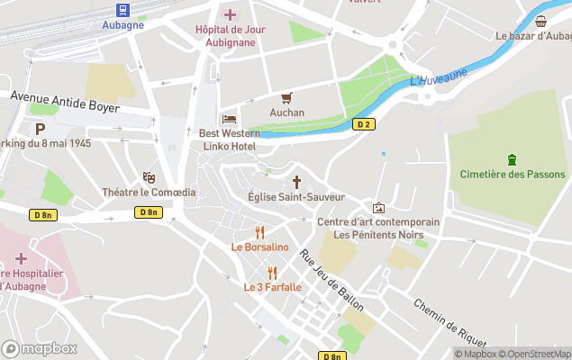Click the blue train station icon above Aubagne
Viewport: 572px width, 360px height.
(x=122, y=9)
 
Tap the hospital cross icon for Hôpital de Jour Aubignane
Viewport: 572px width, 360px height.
(x=230, y=13)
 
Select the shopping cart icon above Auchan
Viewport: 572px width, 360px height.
(x=287, y=97)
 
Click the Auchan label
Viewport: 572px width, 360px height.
(x=287, y=112)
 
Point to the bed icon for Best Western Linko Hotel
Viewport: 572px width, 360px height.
(x=230, y=119)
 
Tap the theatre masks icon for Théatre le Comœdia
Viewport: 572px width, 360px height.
(x=149, y=177)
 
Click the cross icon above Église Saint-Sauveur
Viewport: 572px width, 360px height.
(x=295, y=181)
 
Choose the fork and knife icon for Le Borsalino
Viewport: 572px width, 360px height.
(x=259, y=232)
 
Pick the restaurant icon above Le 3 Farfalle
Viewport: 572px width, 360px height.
(x=272, y=272)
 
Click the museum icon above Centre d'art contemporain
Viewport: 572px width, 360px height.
(x=378, y=208)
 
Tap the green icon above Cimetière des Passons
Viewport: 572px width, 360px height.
(x=513, y=160)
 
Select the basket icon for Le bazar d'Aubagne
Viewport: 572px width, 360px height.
(x=540, y=22)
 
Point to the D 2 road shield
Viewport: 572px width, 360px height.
(x=364, y=125)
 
